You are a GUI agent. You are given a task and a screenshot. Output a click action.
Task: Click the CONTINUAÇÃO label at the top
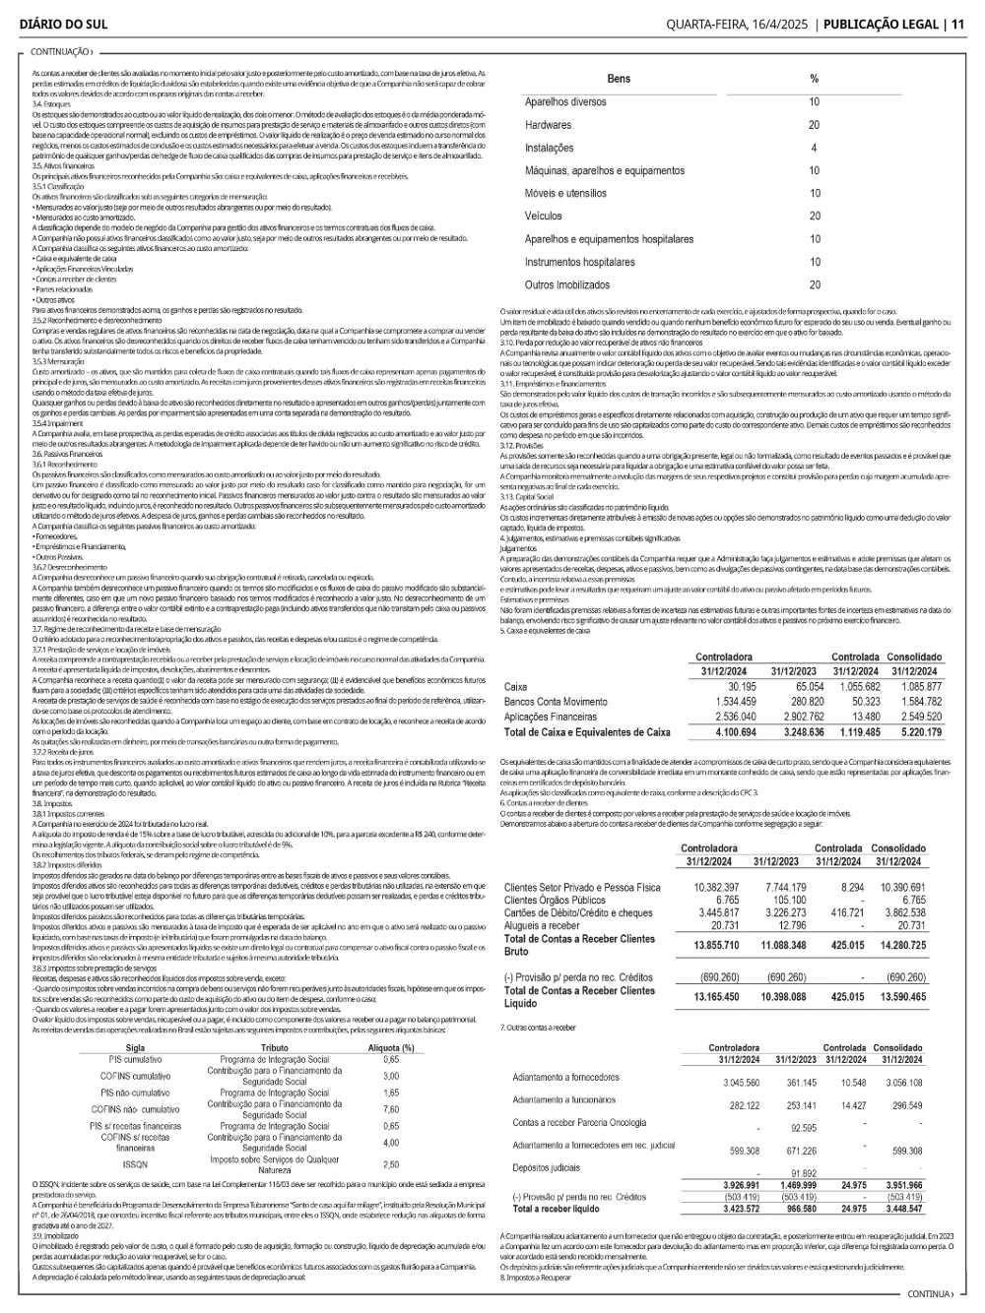[61, 52]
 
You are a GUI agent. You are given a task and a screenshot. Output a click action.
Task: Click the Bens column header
[619, 79]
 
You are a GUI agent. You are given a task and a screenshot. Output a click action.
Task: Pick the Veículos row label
[544, 217]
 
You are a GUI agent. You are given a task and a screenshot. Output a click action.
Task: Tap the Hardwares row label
[548, 125]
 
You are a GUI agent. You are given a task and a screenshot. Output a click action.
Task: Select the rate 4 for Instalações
[814, 148]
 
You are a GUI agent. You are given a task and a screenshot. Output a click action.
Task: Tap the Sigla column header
[136, 1048]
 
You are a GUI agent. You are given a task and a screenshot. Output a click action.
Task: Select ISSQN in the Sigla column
[136, 1164]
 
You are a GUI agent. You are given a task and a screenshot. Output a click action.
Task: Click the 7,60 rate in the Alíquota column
[390, 1109]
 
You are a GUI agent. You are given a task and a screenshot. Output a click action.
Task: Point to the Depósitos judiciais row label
[546, 1167]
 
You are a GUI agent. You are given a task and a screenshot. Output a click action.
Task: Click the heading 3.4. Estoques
[52, 103]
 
